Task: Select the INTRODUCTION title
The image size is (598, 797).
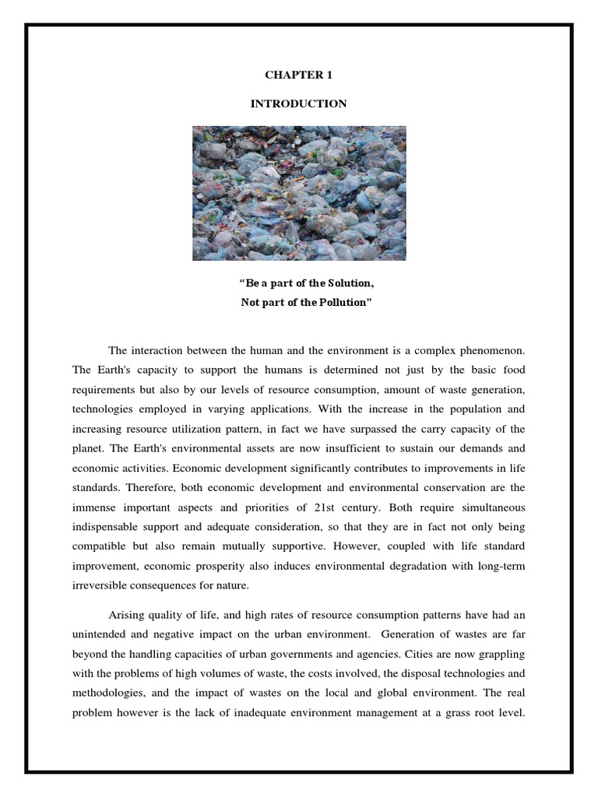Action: [x=299, y=104]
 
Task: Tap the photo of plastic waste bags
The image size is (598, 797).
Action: [x=299, y=193]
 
